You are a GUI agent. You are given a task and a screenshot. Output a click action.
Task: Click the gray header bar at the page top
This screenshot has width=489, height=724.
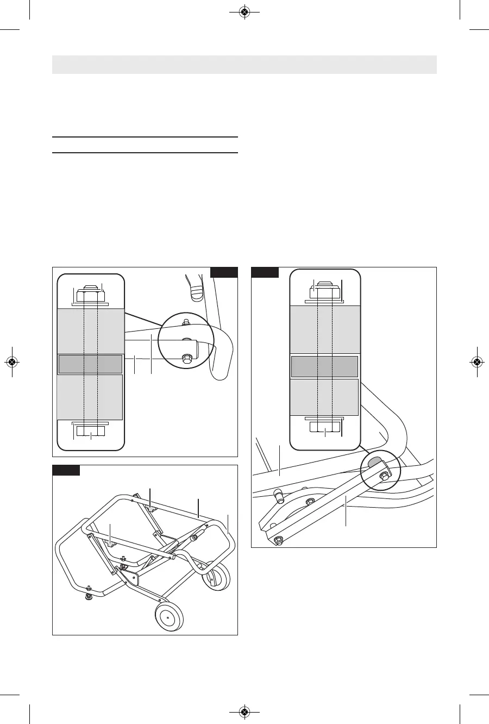244,64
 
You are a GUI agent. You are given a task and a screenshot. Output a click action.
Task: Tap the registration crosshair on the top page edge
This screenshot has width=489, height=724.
244,12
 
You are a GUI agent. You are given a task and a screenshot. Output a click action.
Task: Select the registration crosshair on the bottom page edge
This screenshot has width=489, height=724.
244,711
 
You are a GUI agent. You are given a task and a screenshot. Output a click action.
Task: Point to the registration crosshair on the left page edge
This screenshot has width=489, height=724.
12,361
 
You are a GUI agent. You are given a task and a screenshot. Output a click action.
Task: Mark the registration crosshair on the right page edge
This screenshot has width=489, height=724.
477,361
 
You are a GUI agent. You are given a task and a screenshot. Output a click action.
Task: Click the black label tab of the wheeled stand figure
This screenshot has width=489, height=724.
66,470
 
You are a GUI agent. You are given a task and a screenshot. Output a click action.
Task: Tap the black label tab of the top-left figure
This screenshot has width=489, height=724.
224,272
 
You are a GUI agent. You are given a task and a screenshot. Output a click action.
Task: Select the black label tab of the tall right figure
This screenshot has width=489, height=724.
265,272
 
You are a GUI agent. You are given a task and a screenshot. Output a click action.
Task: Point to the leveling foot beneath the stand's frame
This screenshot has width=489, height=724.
87,596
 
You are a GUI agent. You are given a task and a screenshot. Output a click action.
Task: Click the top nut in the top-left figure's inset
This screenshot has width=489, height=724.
90,294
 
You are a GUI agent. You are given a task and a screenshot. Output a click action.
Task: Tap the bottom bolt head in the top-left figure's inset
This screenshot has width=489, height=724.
90,431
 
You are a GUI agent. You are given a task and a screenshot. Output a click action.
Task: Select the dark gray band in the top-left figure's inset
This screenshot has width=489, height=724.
90,364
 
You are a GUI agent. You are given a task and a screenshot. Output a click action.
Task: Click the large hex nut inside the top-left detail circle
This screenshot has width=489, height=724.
186,359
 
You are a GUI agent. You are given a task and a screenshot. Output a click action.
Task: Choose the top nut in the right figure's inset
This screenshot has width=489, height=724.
324,291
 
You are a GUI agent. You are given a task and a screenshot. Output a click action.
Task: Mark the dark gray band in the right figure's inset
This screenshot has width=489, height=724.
324,366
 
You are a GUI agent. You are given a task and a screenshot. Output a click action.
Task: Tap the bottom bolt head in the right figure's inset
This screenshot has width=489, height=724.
324,427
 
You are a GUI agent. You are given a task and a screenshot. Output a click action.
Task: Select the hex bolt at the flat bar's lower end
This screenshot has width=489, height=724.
278,539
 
